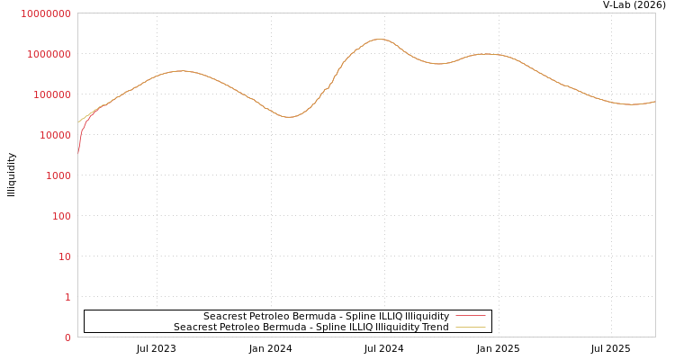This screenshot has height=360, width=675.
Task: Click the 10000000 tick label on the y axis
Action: coord(45,13)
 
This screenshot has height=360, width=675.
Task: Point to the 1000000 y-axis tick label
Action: coord(48,54)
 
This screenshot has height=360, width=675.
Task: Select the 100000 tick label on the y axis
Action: coord(50,94)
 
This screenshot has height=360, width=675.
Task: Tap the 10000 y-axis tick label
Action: coord(53,135)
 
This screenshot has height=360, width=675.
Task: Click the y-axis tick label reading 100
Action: coord(59,216)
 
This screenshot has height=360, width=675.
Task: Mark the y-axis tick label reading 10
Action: coord(64,256)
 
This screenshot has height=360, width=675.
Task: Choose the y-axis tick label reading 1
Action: coord(67,297)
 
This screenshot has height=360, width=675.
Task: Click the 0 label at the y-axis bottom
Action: coord(67,337)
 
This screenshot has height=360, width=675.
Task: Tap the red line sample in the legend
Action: coord(471,316)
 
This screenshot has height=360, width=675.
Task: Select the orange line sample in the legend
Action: coord(471,327)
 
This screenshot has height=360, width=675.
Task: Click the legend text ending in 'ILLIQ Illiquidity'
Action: coord(326,316)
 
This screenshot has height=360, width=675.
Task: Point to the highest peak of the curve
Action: coord(380,39)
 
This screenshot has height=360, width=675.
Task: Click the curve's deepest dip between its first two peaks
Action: coord(288,117)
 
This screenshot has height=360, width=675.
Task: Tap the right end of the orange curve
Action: coord(654,102)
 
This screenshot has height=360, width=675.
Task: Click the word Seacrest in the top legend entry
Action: coord(225,316)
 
